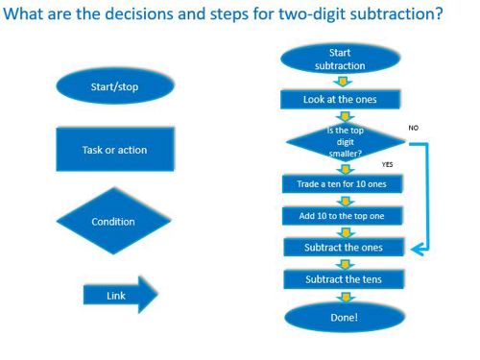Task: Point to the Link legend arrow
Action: [x=115, y=295]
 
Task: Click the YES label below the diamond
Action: [x=387, y=164]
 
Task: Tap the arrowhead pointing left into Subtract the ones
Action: [x=416, y=249]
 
